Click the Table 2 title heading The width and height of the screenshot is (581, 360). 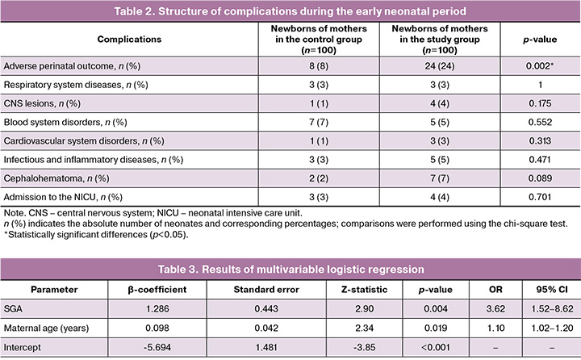tap(290, 11)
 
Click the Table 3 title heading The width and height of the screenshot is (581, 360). tap(290, 269)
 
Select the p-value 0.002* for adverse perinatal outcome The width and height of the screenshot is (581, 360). tap(540, 66)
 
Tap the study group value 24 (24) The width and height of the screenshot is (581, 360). tap(440, 66)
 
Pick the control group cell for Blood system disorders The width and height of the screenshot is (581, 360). tap(319, 123)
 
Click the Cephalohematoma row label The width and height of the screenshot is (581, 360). tap(56, 178)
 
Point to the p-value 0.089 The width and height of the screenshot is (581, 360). tap(540, 178)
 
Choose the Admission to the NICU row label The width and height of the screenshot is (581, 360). tap(63, 197)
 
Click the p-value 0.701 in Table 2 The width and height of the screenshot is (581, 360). tap(540, 197)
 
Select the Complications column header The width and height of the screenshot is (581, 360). tap(129, 40)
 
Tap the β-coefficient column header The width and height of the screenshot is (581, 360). tap(157, 290)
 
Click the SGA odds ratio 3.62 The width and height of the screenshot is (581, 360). tap(495, 309)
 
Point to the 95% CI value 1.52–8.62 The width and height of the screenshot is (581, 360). tap(552, 309)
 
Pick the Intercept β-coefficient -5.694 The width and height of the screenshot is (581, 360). tap(157, 347)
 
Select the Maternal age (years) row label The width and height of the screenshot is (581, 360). tap(46, 328)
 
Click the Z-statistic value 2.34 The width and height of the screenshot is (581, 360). tap(364, 328)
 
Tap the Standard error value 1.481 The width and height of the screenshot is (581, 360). tap(266, 347)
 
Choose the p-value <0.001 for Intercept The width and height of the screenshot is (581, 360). tap(436, 347)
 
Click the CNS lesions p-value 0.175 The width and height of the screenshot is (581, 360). tap(540, 103)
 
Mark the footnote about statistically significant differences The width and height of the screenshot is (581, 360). tap(96, 235)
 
